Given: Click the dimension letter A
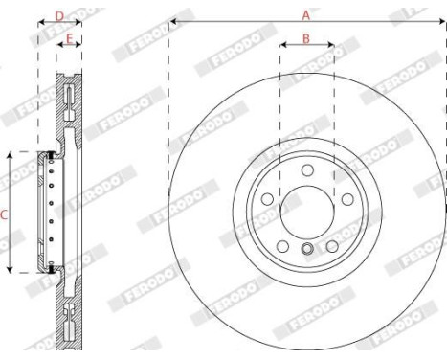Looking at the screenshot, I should (306, 14).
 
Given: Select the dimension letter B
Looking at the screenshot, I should (306, 38).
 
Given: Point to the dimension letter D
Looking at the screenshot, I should (59, 15).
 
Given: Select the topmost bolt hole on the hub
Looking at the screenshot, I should (306, 170).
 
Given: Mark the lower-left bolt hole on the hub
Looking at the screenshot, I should (282, 245).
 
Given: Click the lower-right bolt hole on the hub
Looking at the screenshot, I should (331, 245).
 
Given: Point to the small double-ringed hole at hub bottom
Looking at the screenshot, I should (306, 251).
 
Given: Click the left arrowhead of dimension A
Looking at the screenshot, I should (172, 21).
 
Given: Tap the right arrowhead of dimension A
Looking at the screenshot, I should (442, 21).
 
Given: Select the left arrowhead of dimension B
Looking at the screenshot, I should (282, 45).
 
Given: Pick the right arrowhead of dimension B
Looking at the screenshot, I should (331, 45).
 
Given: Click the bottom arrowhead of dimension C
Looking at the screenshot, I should (10, 270).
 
